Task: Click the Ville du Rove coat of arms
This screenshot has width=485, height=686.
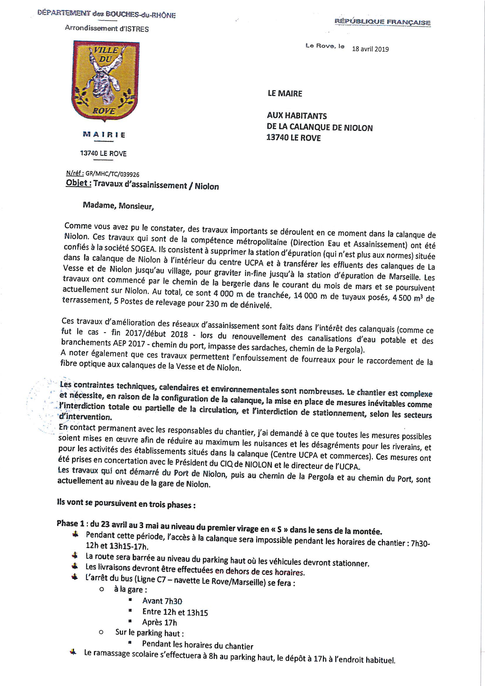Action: click(x=106, y=81)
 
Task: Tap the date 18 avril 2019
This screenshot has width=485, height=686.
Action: click(x=370, y=49)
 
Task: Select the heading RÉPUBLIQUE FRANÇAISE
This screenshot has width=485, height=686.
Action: click(x=383, y=22)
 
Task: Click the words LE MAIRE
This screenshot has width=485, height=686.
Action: click(x=285, y=94)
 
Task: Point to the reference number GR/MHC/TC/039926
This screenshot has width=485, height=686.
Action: click(x=112, y=174)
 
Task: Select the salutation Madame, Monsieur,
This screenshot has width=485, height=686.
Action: click(x=118, y=206)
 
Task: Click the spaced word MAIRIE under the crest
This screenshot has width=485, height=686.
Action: click(x=104, y=135)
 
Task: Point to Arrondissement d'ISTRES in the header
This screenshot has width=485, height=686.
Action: click(x=107, y=29)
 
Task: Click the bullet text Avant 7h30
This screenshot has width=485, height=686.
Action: click(x=162, y=601)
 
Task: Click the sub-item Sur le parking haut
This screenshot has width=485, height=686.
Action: click(x=149, y=633)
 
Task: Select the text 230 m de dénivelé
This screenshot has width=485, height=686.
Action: click(x=239, y=305)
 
